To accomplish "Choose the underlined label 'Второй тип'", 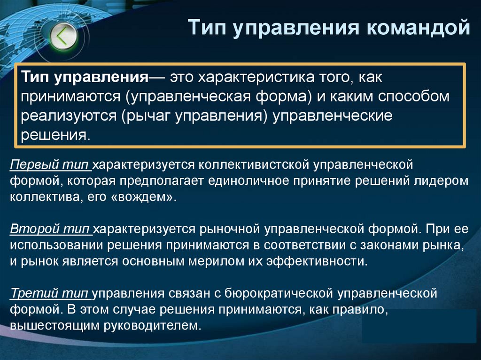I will (x=50, y=230).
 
